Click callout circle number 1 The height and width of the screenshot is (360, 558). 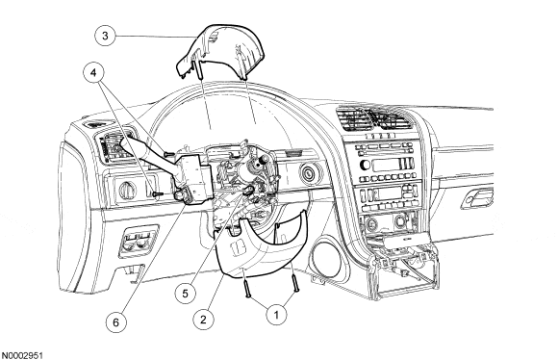coord(276,315)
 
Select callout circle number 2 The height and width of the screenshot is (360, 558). coord(203,319)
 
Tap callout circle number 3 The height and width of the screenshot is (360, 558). coord(105,36)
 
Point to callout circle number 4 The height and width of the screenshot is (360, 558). coord(93,73)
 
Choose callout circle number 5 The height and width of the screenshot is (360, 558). coord(185,294)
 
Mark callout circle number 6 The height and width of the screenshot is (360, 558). coord(116,322)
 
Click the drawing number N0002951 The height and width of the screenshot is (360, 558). coord(22,355)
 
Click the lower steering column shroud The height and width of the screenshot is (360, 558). coord(260,249)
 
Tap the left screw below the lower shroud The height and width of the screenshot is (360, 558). coord(246,288)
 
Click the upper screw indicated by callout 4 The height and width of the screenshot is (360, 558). coord(168,154)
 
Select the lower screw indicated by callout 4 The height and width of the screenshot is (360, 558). coord(157,194)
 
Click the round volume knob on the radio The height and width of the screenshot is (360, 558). coord(365,165)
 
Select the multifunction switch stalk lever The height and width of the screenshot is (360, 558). coord(149,151)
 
